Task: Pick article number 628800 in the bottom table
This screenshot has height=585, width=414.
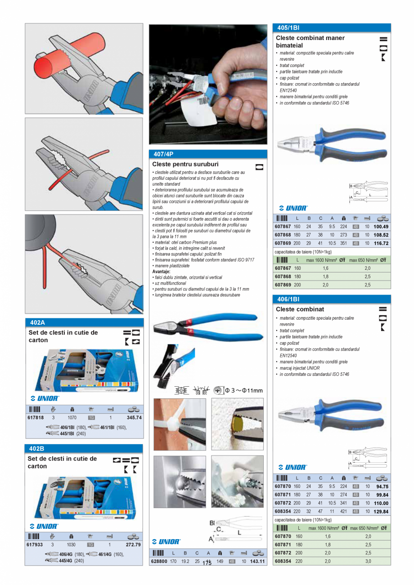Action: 158,561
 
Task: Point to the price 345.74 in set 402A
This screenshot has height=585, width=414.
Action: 134,417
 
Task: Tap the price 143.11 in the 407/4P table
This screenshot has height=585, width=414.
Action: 257,561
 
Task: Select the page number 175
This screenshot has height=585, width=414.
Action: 207,563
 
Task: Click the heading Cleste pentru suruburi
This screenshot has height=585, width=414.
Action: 185,165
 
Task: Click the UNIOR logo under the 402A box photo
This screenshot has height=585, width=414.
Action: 45,398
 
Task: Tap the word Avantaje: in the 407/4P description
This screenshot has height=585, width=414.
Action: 161,272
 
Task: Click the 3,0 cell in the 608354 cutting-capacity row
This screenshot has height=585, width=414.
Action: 368,561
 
